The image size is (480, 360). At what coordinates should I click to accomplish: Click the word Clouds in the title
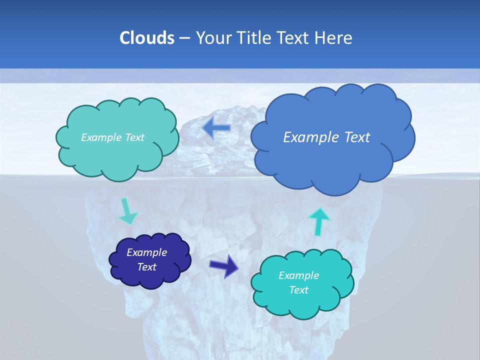coord(146,38)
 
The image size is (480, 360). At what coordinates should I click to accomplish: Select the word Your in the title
coord(212,38)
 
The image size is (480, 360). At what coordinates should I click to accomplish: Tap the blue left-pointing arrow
coord(216,128)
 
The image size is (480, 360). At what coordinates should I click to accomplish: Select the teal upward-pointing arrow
coord(319,220)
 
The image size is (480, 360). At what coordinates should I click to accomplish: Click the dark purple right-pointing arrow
coord(224,266)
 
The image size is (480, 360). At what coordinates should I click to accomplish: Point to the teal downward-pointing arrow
coord(127,212)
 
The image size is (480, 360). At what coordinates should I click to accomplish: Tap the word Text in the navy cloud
coord(147,267)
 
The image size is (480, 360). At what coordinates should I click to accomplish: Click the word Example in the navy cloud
coord(147,252)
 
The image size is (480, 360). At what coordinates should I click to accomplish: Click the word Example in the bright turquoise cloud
coord(298,275)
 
